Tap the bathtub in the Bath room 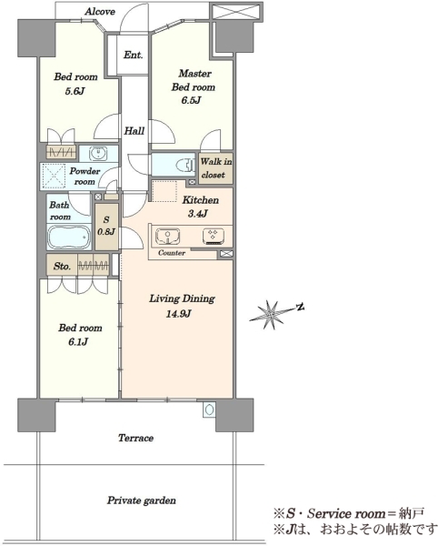pyautogui.click(x=69, y=237)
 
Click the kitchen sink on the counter pyautogui.click(x=168, y=237)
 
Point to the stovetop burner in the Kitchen pyautogui.click(x=214, y=236)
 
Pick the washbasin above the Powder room pyautogui.click(x=98, y=154)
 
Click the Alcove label pyautogui.click(x=100, y=12)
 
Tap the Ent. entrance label pyautogui.click(x=134, y=55)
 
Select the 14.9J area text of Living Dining pyautogui.click(x=178, y=314)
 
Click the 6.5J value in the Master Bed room pyautogui.click(x=191, y=101)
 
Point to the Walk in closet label pyautogui.click(x=216, y=168)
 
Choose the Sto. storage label pyautogui.click(x=62, y=267)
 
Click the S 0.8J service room pyautogui.click(x=106, y=227)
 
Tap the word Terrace pyautogui.click(x=135, y=438)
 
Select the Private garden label pyautogui.click(x=141, y=500)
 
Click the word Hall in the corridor pyautogui.click(x=134, y=131)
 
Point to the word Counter pyautogui.click(x=172, y=253)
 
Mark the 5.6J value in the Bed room pyautogui.click(x=75, y=91)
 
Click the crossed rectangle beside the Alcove pyautogui.click(x=236, y=12)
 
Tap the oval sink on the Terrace pyautogui.click(x=209, y=409)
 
